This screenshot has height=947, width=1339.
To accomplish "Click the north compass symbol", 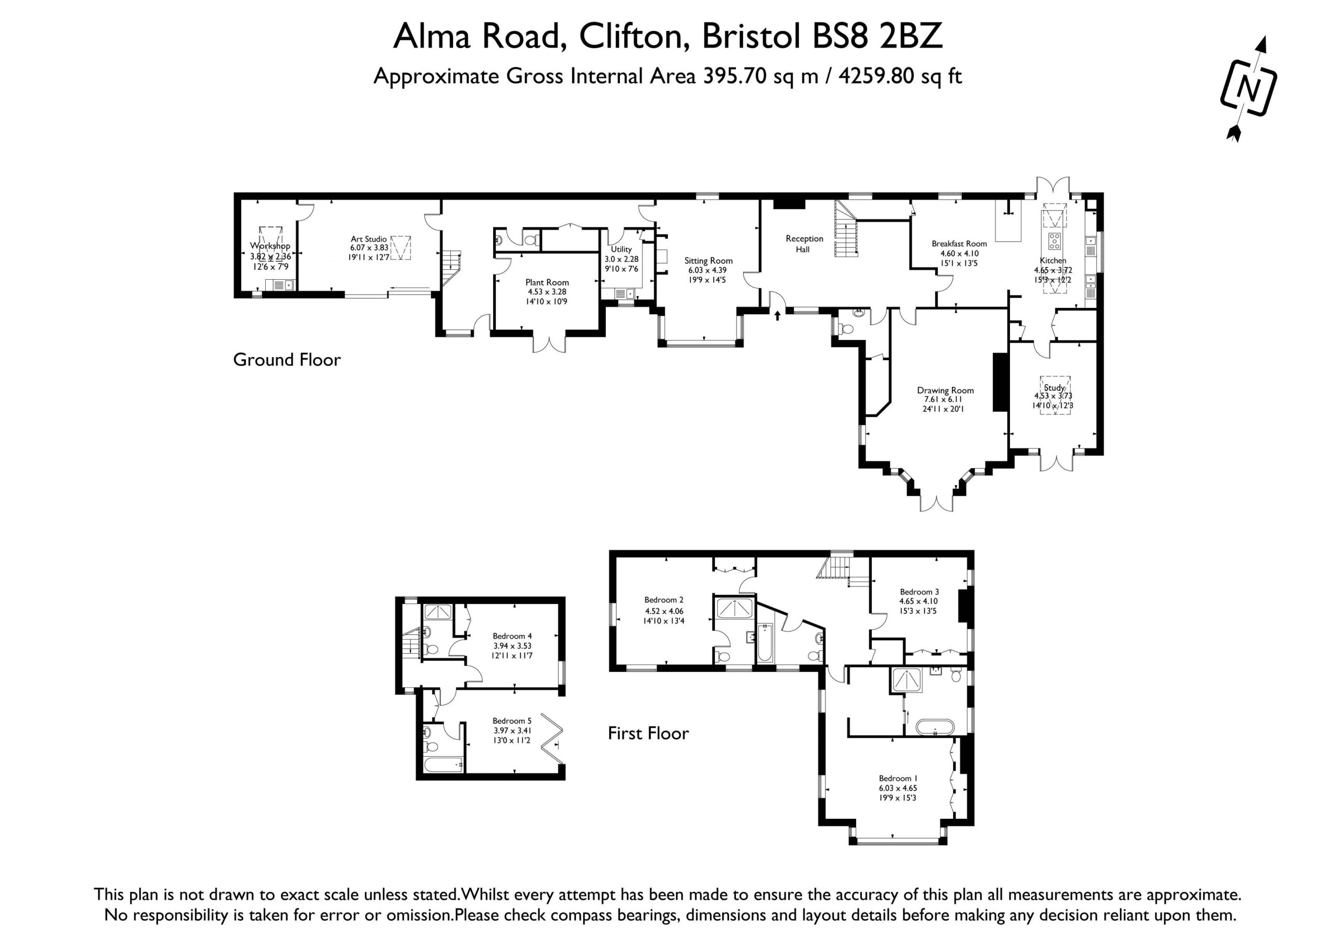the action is (x=1248, y=89).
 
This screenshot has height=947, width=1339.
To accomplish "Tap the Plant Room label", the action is (x=547, y=282).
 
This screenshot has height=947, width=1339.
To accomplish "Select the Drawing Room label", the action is (x=945, y=390).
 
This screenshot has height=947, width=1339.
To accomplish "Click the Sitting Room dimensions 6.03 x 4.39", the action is (x=707, y=270).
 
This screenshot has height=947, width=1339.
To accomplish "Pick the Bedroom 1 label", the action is (x=898, y=779).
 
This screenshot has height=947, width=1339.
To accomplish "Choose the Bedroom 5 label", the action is (x=512, y=721).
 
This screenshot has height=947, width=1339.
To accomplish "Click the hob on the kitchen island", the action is (x=1054, y=241).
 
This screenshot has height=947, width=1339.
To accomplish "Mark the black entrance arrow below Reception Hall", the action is (x=777, y=315).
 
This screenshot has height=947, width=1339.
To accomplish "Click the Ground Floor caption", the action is (x=287, y=360).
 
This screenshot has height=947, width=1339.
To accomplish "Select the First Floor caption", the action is (x=649, y=733).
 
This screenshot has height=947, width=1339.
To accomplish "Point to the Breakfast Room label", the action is (x=959, y=244).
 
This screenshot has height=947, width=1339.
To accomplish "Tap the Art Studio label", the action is (x=369, y=239).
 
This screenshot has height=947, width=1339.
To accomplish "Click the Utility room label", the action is (x=621, y=249).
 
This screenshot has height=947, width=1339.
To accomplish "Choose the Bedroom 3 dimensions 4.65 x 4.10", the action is (x=918, y=601).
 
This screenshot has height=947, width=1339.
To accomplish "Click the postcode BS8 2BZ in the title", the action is (x=877, y=36).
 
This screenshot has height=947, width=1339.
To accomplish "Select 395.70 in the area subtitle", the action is (x=735, y=76).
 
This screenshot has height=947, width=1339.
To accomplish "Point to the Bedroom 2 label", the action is (x=664, y=599).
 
